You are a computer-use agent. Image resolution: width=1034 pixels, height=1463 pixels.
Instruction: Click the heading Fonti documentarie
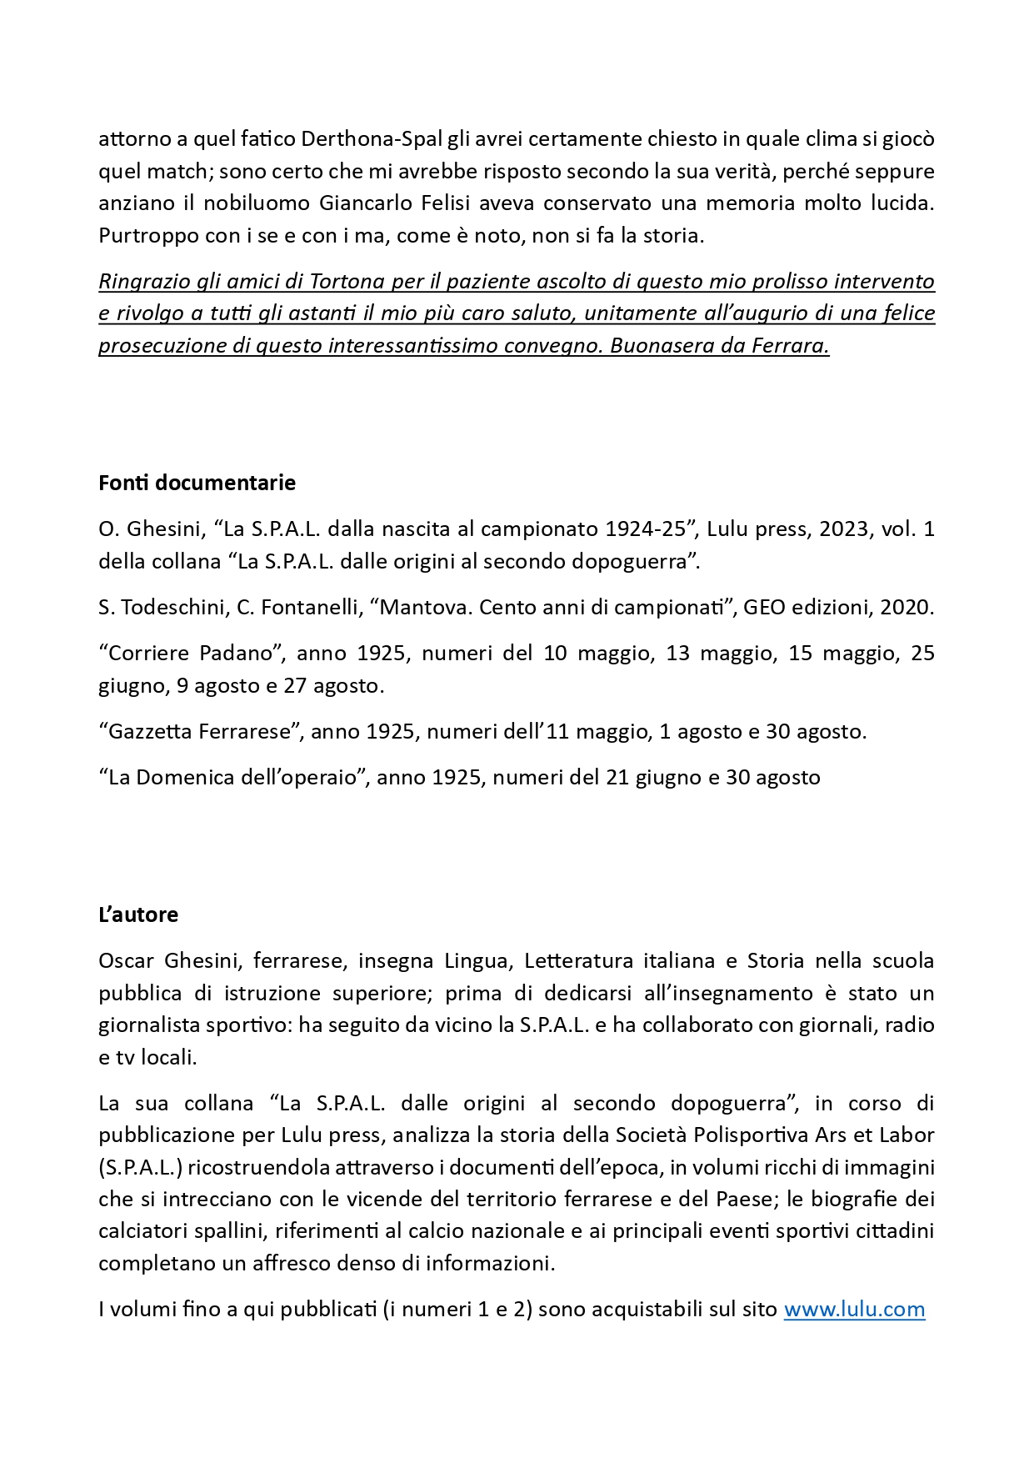pos(197,483)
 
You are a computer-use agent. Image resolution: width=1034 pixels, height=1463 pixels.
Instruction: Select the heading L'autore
pos(138,914)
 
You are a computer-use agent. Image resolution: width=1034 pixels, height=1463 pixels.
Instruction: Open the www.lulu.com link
pos(854,1309)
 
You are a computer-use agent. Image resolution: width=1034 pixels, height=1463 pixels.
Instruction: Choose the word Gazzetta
pos(150,731)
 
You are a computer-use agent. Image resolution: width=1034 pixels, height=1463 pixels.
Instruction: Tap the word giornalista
pos(151,1025)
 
